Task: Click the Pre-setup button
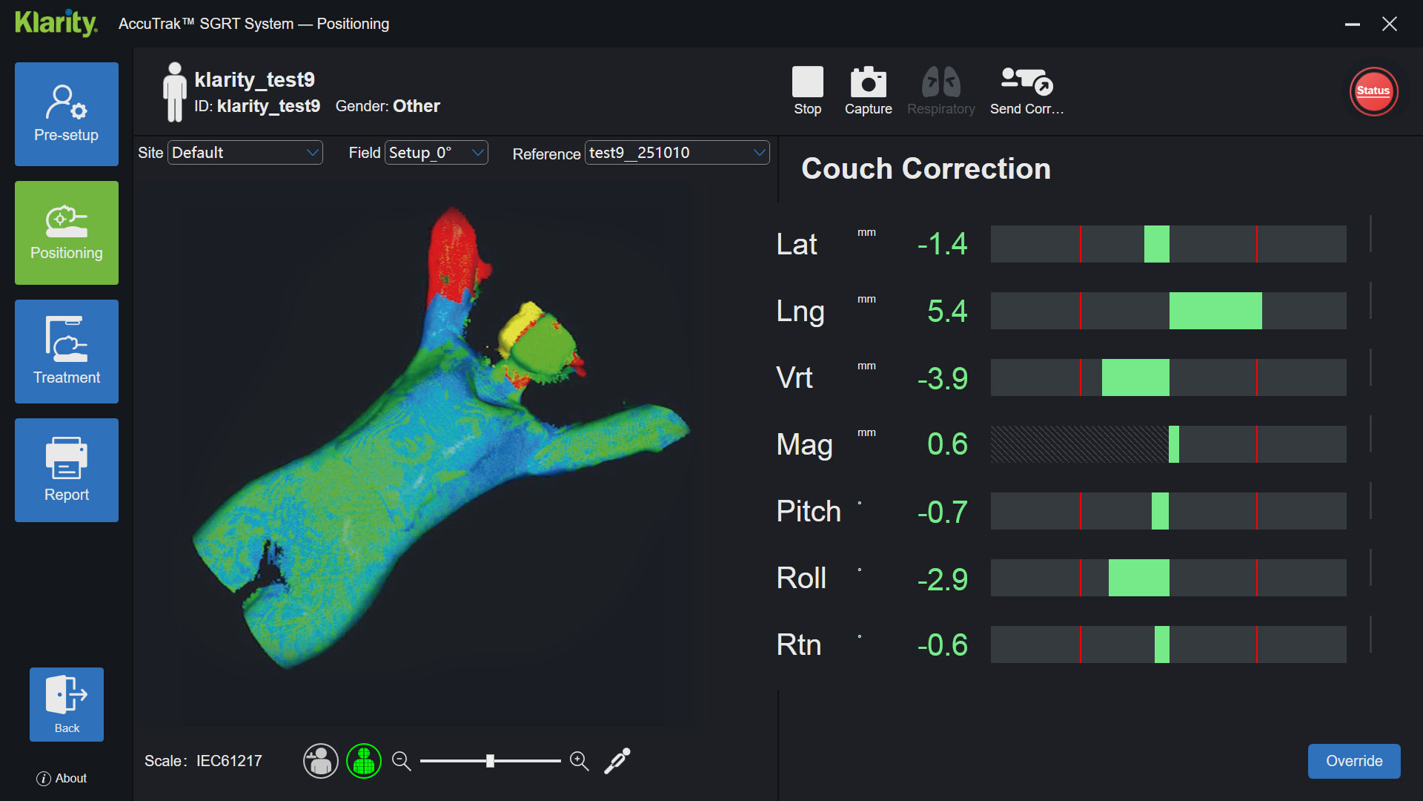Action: [x=67, y=113]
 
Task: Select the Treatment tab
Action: [x=67, y=351]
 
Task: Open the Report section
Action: [x=67, y=469]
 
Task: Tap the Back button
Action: [x=67, y=704]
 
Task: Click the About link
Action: [x=62, y=778]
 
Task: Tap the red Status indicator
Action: [x=1373, y=91]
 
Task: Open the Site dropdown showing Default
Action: [x=245, y=153]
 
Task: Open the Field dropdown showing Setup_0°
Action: [x=437, y=153]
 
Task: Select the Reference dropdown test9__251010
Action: [x=677, y=153]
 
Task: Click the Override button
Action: [x=1353, y=761]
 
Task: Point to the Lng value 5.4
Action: [x=946, y=311]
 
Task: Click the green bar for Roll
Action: [x=1138, y=578]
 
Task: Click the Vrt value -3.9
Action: [x=942, y=378]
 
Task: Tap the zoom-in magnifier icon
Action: [x=580, y=761]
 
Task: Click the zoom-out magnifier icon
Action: [x=401, y=761]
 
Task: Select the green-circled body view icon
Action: [x=364, y=761]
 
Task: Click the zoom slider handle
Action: [x=490, y=761]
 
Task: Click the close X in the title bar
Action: [x=1390, y=24]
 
